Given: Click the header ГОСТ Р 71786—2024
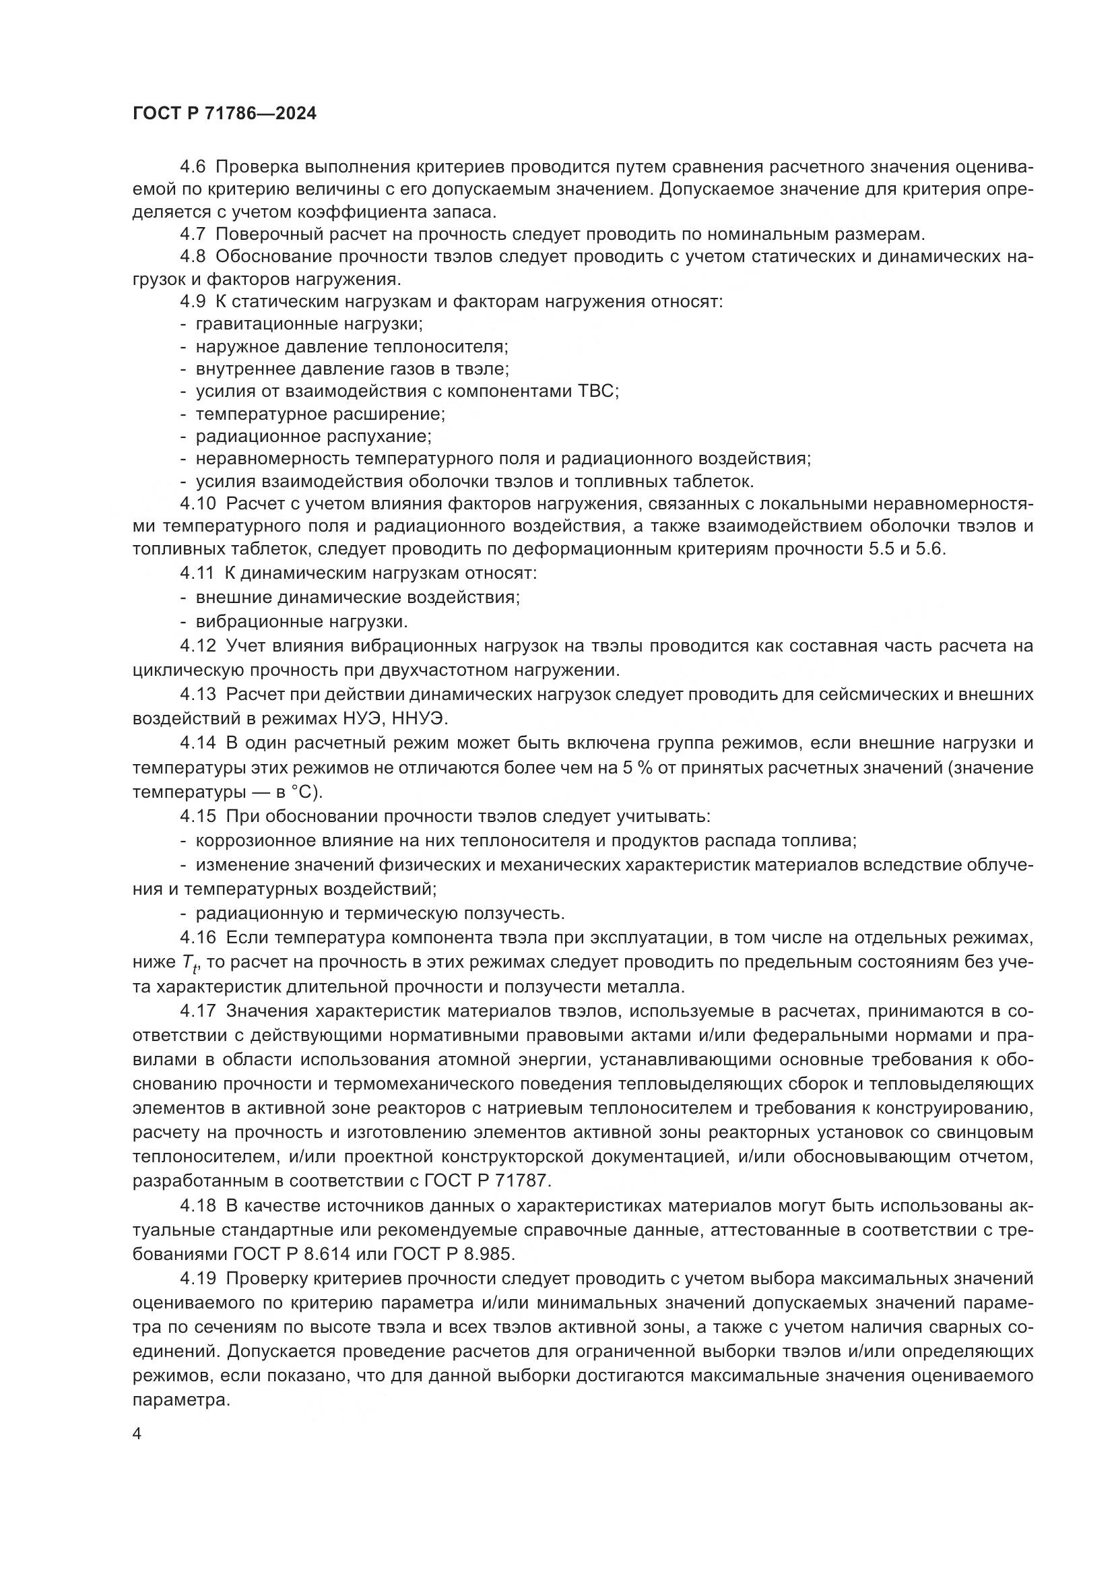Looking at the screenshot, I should [x=224, y=114].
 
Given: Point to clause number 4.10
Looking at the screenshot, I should [x=198, y=504].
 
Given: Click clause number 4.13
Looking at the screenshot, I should [x=198, y=695].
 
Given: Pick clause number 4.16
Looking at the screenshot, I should [x=198, y=938].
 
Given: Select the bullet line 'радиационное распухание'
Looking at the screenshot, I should [x=313, y=436].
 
